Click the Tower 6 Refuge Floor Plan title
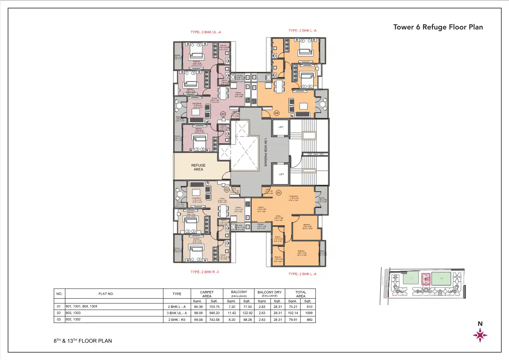pyautogui.click(x=438, y=27)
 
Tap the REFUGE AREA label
pyautogui.click(x=198, y=167)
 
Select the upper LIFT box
pyautogui.click(x=281, y=127)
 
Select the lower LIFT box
pyautogui.click(x=281, y=174)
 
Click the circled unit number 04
pyautogui.click(x=277, y=113)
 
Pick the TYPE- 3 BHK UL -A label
pyautogui.click(x=206, y=32)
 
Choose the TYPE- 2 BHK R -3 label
pyautogui.click(x=204, y=272)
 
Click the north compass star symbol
pyautogui.click(x=480, y=335)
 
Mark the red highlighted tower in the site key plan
pyautogui.click(x=425, y=279)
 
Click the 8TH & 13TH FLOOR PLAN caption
pyautogui.click(x=83, y=341)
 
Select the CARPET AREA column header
pyautogui.click(x=207, y=294)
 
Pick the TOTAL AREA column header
pyautogui.click(x=300, y=294)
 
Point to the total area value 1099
pyautogui.click(x=308, y=313)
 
